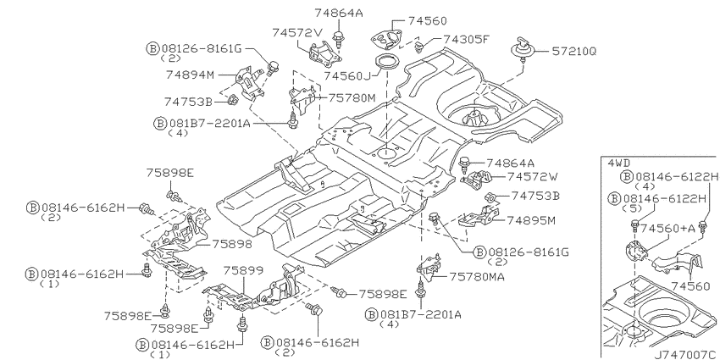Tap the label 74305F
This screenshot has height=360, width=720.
[465, 40]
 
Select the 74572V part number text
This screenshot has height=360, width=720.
[298, 32]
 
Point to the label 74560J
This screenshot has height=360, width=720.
[347, 75]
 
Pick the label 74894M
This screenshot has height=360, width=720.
[190, 75]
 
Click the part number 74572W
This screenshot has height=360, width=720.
[533, 177]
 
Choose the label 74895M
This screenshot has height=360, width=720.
[531, 221]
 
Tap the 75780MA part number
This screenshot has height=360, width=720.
[477, 277]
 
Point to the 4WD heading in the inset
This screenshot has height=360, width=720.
[618, 163]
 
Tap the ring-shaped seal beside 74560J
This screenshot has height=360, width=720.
[385, 61]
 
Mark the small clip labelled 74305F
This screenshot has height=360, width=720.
[419, 46]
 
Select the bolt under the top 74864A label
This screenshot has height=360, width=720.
[339, 37]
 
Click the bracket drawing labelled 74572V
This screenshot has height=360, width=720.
[324, 55]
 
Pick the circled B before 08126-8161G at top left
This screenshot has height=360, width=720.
[152, 48]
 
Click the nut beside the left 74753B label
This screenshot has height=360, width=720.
[233, 99]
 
